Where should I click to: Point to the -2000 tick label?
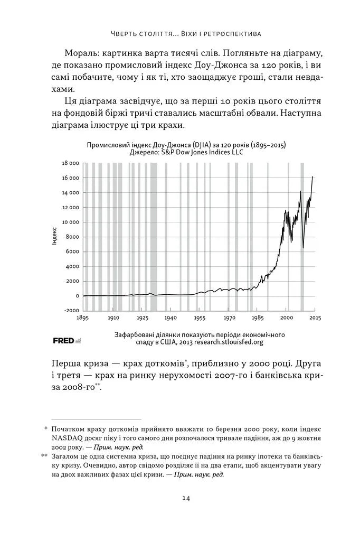tap(71, 311)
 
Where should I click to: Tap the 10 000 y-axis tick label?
tap(70, 222)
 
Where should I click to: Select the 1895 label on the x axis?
tap(82, 318)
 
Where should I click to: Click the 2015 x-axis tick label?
tap(315, 318)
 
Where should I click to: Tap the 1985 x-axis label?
tap(257, 318)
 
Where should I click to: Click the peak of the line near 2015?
tap(313, 176)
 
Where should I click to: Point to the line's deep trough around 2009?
tap(303, 247)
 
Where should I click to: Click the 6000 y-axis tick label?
tap(72, 251)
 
